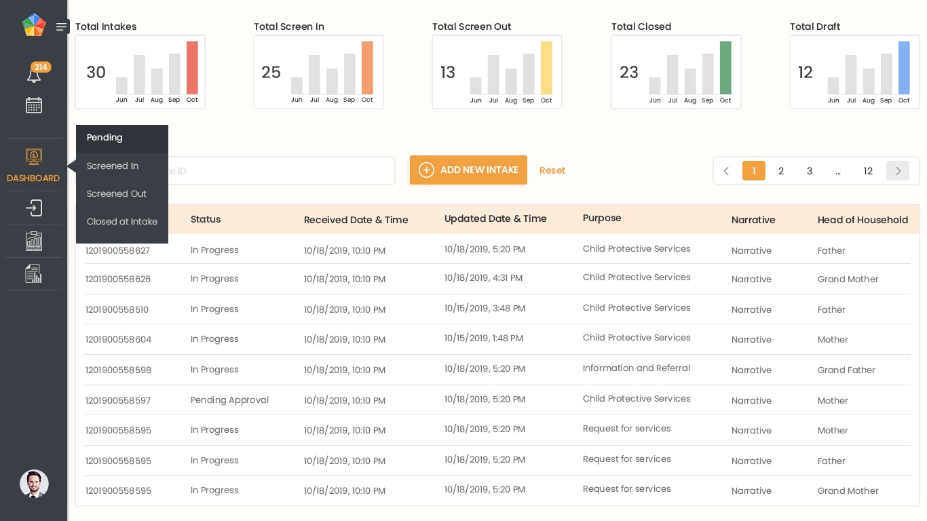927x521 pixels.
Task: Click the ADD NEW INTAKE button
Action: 468,170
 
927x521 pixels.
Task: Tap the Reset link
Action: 552,170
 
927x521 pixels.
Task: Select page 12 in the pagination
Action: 867,171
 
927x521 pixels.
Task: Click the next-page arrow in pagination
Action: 897,171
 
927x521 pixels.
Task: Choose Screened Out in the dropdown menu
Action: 117,194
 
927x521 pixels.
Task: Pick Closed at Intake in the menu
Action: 122,222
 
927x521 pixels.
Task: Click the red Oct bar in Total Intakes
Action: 192,68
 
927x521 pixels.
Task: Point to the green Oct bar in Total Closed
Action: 725,68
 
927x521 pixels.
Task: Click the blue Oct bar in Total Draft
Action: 904,68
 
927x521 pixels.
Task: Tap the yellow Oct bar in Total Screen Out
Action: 546,68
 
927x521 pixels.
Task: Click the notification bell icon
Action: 34,75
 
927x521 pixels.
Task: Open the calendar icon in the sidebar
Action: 34,105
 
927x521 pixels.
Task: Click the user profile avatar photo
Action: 34,484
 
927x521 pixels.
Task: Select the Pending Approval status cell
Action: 229,400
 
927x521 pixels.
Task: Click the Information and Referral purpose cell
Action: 636,368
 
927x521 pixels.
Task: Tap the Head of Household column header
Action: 863,220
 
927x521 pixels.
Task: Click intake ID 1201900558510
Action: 117,310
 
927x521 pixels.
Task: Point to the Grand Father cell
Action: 846,370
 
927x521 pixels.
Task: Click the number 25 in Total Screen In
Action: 271,73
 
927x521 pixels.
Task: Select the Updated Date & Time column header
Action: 495,218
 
